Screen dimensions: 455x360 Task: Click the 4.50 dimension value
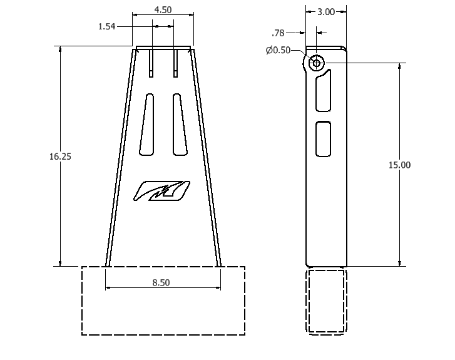[x=163, y=10]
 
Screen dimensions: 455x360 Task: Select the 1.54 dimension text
[x=107, y=26]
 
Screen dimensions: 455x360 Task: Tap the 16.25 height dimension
[x=60, y=156]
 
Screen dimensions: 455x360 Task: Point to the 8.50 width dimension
[x=161, y=282]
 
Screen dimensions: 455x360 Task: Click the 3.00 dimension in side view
[x=326, y=12]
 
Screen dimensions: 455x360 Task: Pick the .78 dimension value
[x=278, y=33]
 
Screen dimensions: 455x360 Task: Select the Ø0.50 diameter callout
[x=278, y=50]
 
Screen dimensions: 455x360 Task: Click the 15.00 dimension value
[x=399, y=165]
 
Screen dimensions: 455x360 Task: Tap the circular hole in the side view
[x=316, y=63]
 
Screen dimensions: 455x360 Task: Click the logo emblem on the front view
[x=161, y=191]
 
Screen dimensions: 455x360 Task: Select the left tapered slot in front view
[x=147, y=124]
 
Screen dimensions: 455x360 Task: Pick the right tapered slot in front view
[x=180, y=124]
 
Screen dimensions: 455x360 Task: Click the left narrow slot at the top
[x=151, y=63]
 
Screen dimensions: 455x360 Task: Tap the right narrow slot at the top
[x=175, y=63]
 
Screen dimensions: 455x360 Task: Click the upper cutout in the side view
[x=324, y=91]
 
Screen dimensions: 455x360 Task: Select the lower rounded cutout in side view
[x=324, y=139]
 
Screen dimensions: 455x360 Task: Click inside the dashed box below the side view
[x=326, y=301]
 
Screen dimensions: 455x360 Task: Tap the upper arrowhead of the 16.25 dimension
[x=60, y=49]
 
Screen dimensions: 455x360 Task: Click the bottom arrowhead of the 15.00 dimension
[x=399, y=263]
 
